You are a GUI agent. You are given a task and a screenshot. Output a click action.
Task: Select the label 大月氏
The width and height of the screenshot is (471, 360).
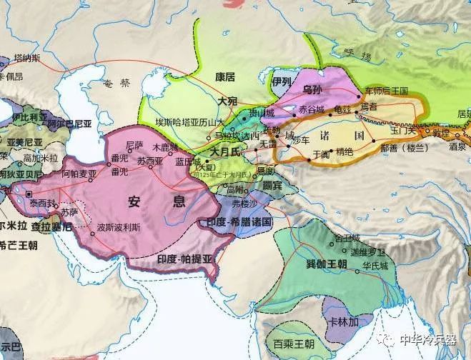[x=228, y=152]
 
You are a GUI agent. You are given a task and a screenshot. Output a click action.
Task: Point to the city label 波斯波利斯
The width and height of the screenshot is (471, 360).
[x=123, y=231]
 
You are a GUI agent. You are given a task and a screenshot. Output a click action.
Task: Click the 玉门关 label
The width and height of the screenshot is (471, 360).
[x=404, y=131]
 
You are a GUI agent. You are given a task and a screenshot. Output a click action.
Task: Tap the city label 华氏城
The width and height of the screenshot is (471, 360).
[x=375, y=266]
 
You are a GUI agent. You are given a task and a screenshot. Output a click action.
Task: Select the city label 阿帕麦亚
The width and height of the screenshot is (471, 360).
[x=77, y=174]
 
